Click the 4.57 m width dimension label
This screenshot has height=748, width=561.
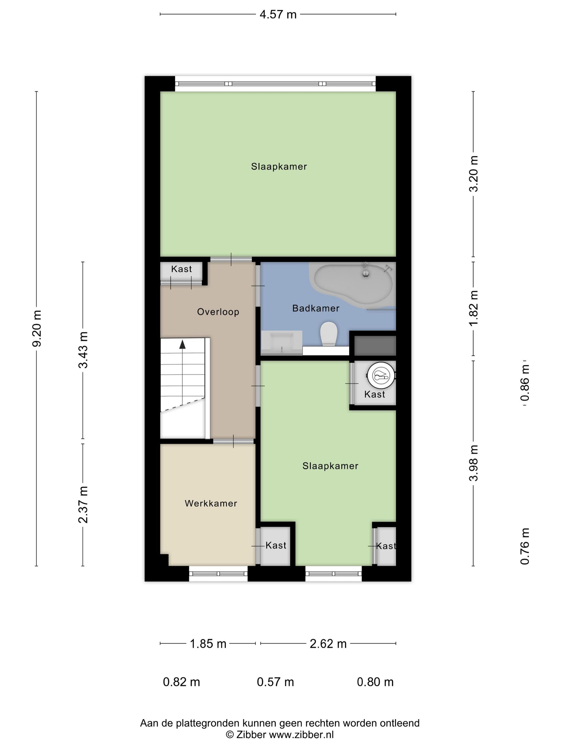click(278, 14)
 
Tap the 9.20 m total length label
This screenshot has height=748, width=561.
click(37, 328)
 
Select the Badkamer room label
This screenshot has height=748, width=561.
click(316, 308)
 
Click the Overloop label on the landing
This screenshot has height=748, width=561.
click(218, 311)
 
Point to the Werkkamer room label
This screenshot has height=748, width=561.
click(211, 503)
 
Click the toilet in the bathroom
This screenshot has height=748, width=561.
click(329, 333)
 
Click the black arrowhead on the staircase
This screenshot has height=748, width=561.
click(182, 344)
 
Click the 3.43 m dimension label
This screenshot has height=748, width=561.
click(83, 350)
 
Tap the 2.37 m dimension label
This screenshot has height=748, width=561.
click(83, 505)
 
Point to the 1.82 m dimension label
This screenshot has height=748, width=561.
click(473, 308)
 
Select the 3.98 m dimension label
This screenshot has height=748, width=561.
click(473, 463)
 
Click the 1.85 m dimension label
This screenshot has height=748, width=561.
click(208, 644)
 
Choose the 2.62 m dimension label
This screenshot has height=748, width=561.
click(328, 644)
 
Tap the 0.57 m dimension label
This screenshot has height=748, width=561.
click(275, 682)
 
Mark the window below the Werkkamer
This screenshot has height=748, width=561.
click(218, 574)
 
